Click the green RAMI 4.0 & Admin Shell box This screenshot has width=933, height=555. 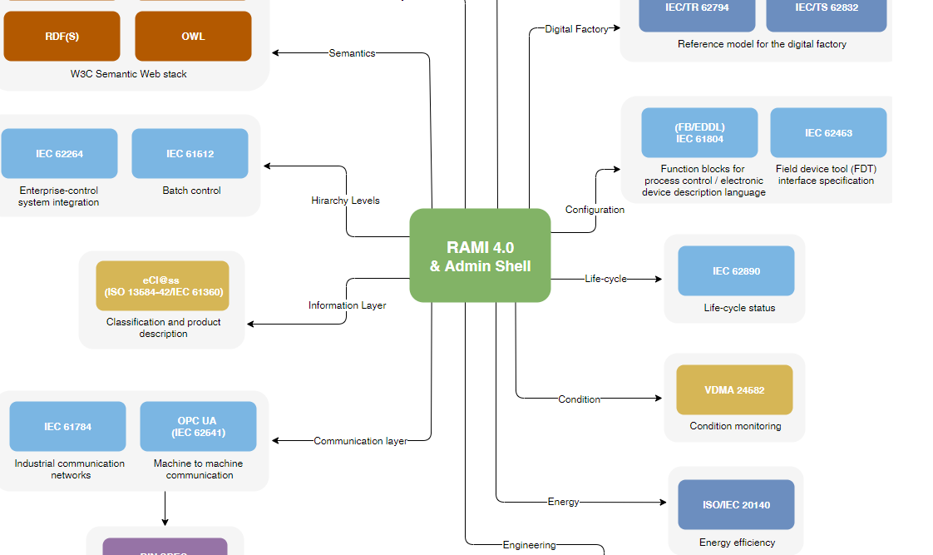pyautogui.click(x=480, y=255)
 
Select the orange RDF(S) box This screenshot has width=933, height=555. pyautogui.click(x=62, y=37)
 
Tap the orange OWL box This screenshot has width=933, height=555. pyautogui.click(x=193, y=37)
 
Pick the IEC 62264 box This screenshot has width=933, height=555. pyautogui.click(x=59, y=154)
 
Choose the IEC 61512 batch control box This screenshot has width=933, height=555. pyautogui.click(x=190, y=154)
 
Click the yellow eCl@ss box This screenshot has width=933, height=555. pyautogui.click(x=162, y=286)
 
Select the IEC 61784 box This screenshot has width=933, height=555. pyautogui.click(x=67, y=427)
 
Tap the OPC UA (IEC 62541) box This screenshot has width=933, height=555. pyautogui.click(x=198, y=427)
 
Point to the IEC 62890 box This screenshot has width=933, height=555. pyautogui.click(x=736, y=271)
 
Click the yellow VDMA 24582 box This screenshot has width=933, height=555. pyautogui.click(x=734, y=389)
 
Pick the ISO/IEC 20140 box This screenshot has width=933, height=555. pyautogui.click(x=736, y=505)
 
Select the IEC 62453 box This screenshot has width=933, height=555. pyautogui.click(x=828, y=133)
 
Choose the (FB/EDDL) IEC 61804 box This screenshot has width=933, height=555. pyautogui.click(x=699, y=133)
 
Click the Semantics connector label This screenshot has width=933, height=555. pyautogui.click(x=352, y=53)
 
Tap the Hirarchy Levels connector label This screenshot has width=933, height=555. pyautogui.click(x=345, y=201)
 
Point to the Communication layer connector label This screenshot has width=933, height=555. pyautogui.click(x=360, y=441)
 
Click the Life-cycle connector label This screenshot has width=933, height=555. pyautogui.click(x=605, y=279)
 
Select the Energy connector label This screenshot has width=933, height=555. pyautogui.click(x=563, y=502)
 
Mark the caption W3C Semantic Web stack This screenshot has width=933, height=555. pyautogui.click(x=129, y=74)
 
